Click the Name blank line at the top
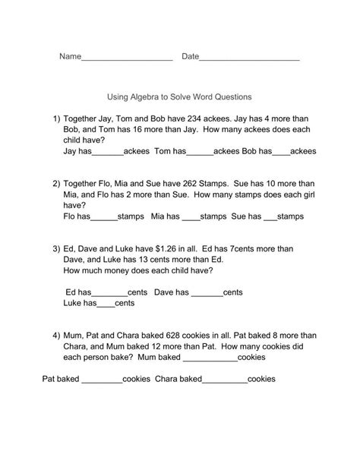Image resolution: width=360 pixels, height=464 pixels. point(126,58)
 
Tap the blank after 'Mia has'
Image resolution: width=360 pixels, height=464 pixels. point(190,216)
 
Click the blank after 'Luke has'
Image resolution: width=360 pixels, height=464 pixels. point(105,304)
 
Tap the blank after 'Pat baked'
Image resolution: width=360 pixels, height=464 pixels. point(102,379)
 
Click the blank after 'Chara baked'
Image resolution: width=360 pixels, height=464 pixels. point(225,379)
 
